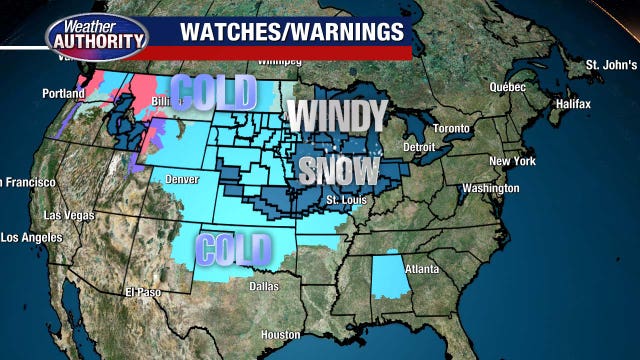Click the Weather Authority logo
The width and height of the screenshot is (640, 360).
(x=97, y=34)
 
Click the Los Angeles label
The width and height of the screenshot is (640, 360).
(x=30, y=238)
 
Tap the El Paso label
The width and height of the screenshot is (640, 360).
(x=143, y=292)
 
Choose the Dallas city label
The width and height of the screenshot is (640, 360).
(x=265, y=286)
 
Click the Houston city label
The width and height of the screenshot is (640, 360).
(x=280, y=334)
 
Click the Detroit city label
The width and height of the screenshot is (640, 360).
(x=417, y=147)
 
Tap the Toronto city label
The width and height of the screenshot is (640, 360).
(x=454, y=129)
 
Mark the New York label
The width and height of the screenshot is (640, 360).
(x=512, y=161)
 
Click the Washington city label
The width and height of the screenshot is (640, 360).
(x=491, y=188)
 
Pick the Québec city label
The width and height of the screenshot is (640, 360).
(x=507, y=86)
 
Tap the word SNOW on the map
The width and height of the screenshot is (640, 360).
(x=338, y=169)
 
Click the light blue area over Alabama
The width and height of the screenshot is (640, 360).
(x=385, y=278)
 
